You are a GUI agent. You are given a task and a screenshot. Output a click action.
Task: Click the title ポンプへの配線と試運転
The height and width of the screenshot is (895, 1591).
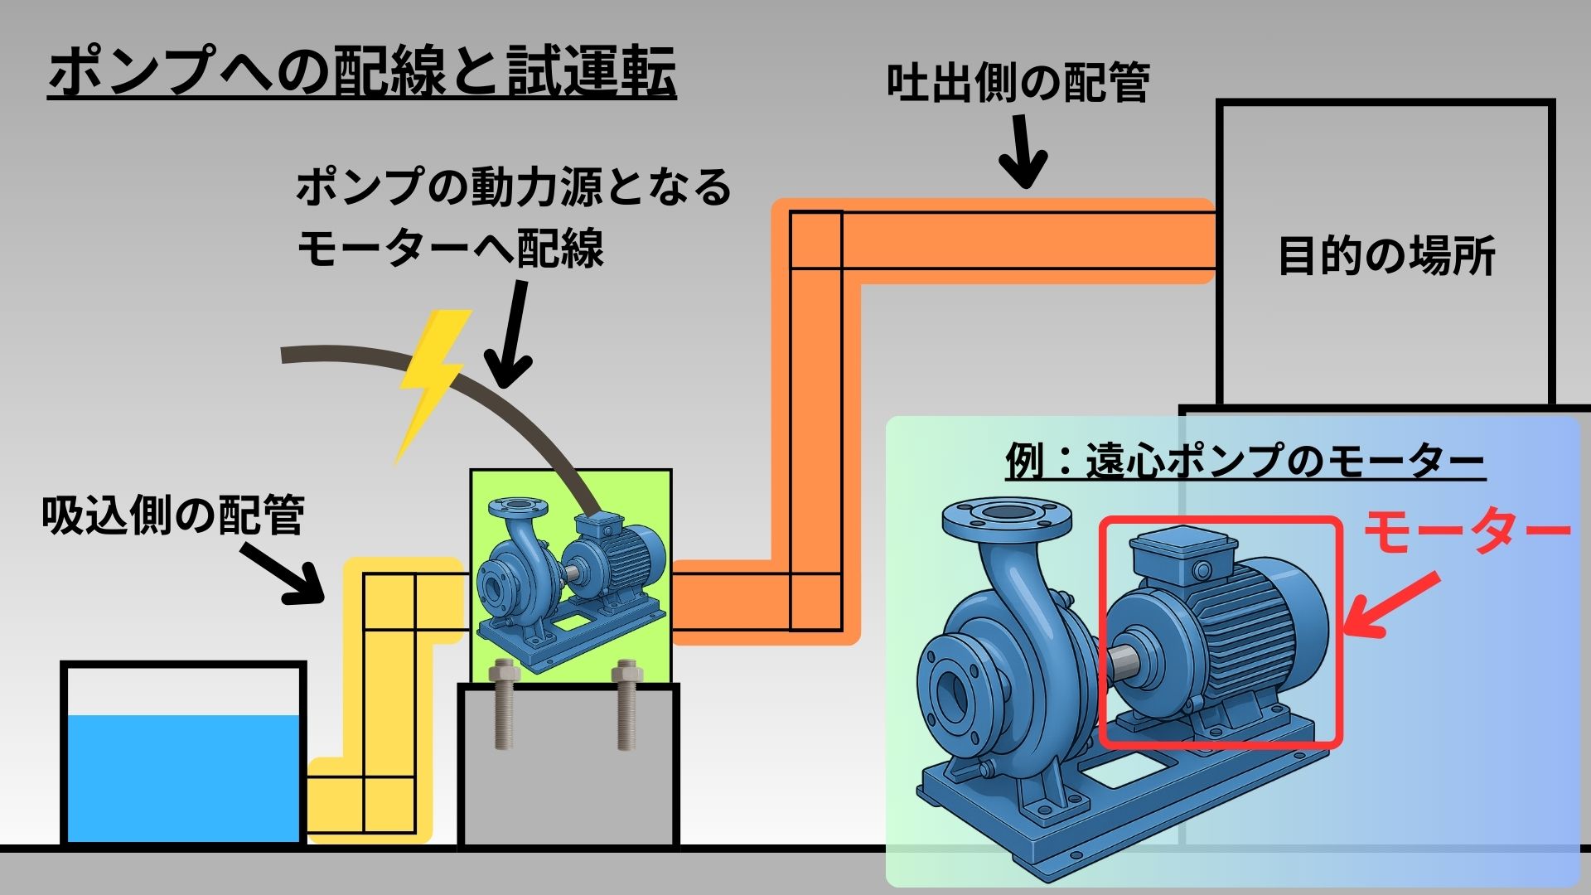[362, 73]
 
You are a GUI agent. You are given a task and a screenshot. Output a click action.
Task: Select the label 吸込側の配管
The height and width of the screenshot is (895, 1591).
[173, 515]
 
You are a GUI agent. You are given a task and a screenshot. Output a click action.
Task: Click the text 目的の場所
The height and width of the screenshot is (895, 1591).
[1386, 256]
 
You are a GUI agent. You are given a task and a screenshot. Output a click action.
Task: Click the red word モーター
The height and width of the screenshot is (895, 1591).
[1467, 533]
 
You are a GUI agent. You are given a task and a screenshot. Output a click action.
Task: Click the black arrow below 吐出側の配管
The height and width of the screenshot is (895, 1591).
[1026, 153]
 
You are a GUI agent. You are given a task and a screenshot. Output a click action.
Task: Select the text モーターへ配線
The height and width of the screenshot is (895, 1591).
[451, 248]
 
